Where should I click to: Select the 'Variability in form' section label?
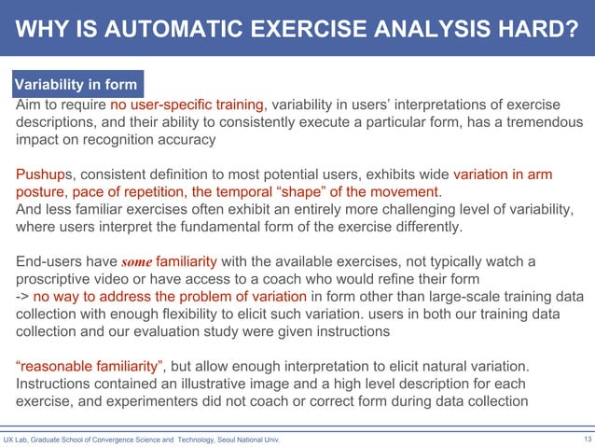pos(76,85)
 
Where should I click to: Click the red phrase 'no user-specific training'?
pos(187,104)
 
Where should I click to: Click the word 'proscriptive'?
pos(58,280)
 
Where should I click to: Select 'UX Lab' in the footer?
pos(17,440)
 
